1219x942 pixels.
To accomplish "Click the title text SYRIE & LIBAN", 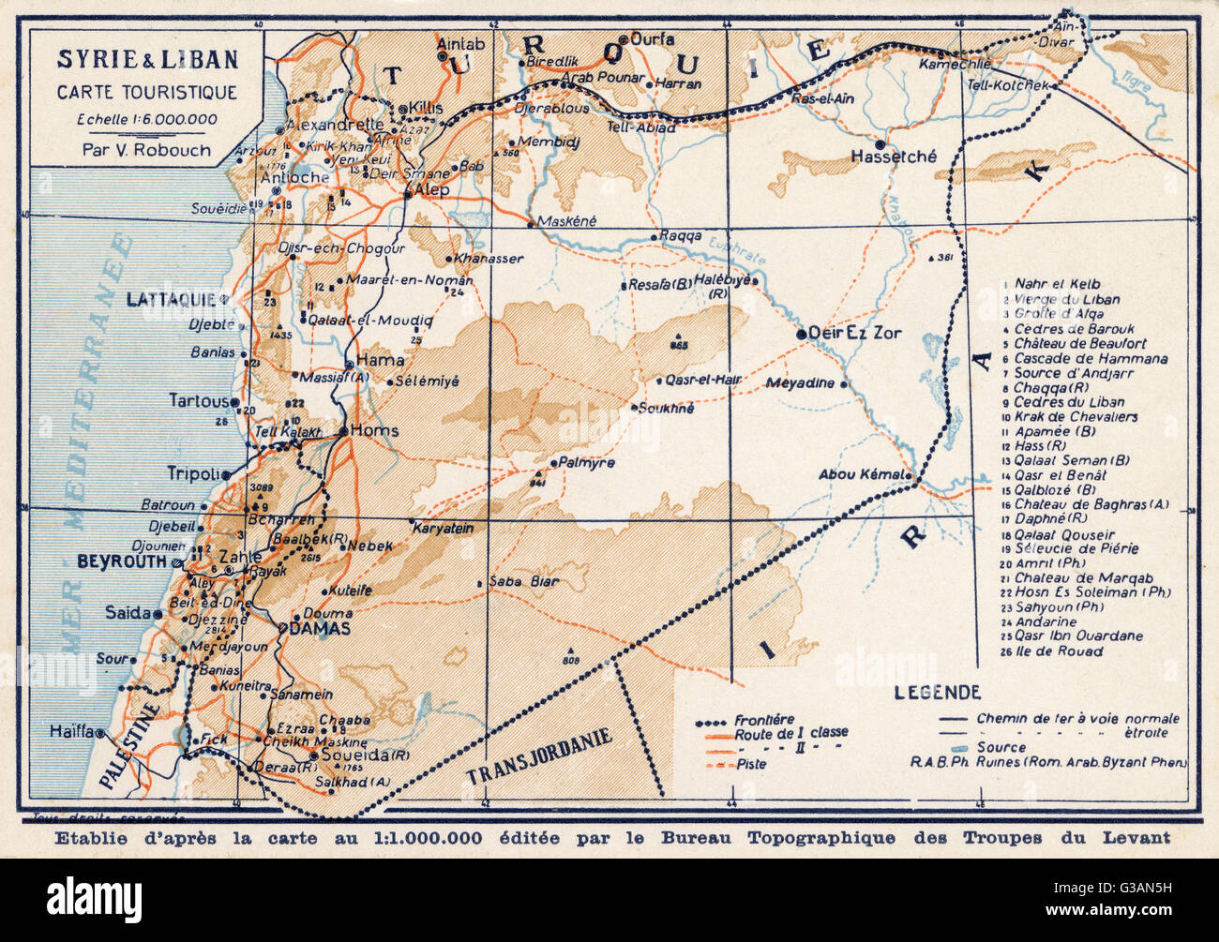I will tap(147, 60).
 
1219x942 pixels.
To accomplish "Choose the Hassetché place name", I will tap(893, 157).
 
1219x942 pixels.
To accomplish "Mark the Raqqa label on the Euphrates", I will tap(681, 236).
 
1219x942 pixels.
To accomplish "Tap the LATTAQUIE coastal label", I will tap(171, 299).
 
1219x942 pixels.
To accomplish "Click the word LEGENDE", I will tap(937, 693).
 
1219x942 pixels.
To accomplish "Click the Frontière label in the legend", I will tap(764, 720).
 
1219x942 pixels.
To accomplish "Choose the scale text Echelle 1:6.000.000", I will tap(147, 119).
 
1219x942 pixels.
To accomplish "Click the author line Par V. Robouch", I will tap(147, 149).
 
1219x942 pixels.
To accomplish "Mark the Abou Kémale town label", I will tap(863, 474).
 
